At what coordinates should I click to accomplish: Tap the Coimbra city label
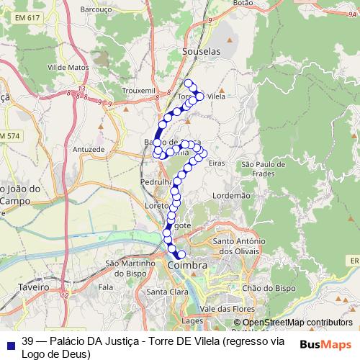click(x=186, y=266)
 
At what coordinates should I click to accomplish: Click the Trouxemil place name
click(x=140, y=91)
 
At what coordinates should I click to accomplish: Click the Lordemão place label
click(x=232, y=195)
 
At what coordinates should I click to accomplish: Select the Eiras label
click(x=216, y=164)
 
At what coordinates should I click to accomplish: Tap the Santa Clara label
click(x=167, y=292)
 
